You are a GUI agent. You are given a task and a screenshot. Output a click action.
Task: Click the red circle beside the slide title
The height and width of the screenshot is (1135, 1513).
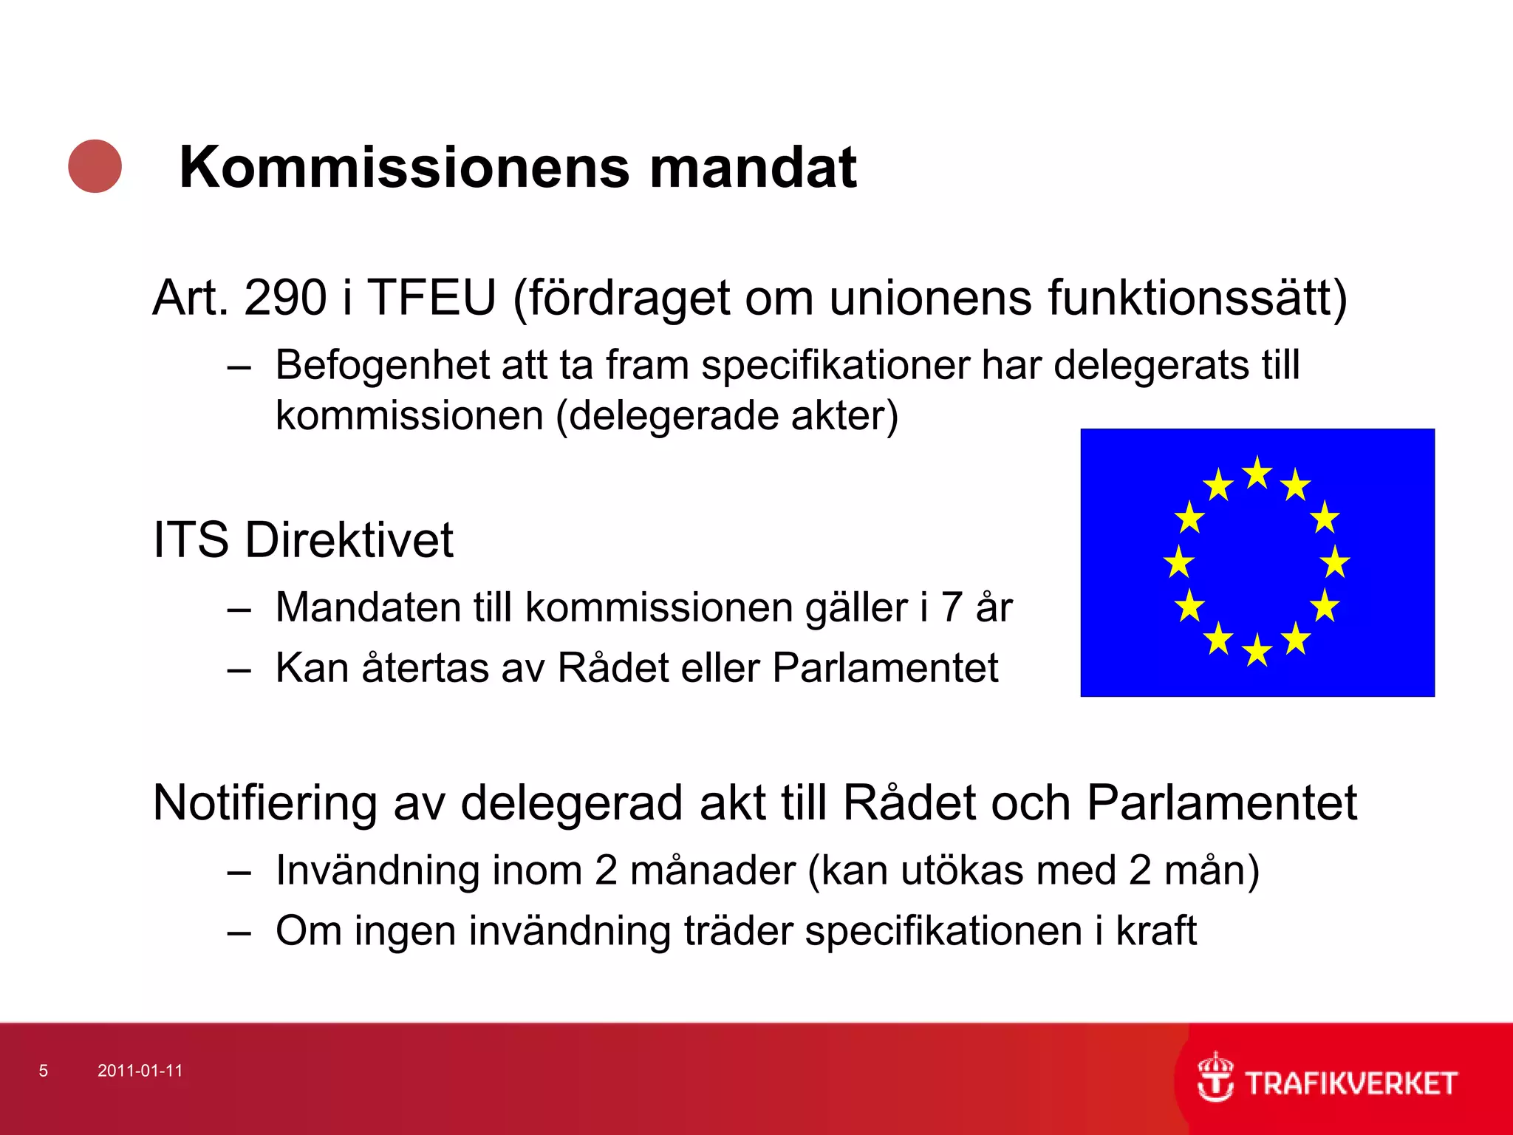coord(95,166)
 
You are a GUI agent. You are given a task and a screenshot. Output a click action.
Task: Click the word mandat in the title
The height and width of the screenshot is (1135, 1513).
coord(753,168)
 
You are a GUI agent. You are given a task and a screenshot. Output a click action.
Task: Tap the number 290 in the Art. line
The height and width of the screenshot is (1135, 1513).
coord(285,298)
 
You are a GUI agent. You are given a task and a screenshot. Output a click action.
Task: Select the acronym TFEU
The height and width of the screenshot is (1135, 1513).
coord(432,298)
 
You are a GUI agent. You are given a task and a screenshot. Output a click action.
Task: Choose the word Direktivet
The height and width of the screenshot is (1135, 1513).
coord(349,539)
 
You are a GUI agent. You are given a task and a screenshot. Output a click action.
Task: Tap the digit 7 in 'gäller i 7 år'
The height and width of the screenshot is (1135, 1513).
coord(951,607)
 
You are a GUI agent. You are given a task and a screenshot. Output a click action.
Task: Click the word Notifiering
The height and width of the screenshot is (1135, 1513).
coord(264,803)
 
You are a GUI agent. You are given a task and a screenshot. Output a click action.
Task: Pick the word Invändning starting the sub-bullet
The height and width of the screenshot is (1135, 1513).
coord(377,870)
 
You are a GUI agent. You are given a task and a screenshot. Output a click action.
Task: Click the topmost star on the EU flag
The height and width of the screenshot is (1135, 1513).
coord(1257,473)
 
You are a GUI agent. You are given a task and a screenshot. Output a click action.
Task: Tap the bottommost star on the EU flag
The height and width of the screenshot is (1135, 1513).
coord(1257,651)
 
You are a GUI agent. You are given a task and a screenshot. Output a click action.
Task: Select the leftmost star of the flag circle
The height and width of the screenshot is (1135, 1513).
coord(1179,562)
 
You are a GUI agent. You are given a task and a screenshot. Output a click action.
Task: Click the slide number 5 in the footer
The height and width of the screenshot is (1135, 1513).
coord(44,1071)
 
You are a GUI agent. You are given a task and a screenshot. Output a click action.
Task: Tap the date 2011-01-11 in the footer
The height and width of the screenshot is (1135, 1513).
coord(140,1071)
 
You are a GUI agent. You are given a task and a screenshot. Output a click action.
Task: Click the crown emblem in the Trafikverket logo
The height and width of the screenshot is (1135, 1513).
coord(1215,1077)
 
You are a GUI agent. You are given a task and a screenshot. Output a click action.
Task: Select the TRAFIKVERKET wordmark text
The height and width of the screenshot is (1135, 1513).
coord(1351,1083)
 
